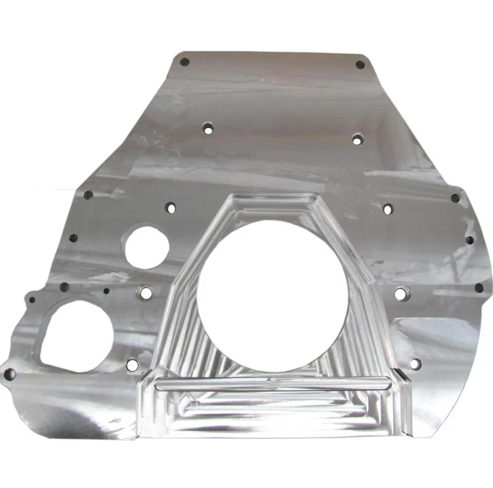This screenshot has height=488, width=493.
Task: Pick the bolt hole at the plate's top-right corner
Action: click(x=360, y=64)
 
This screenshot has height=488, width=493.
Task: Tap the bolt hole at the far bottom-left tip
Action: click(x=9, y=375)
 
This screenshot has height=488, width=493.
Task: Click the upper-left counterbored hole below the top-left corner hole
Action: click(x=208, y=129)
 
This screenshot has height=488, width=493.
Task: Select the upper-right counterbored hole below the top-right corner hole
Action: click(x=357, y=140)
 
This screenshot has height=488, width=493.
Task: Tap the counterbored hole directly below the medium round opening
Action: click(x=145, y=293)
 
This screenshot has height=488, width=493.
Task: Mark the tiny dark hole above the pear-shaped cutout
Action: click(x=106, y=291)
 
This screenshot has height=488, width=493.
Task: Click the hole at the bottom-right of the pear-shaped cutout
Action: click(x=132, y=365)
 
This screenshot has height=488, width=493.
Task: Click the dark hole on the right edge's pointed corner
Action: click(x=455, y=198)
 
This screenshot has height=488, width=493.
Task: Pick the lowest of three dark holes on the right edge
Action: click(x=479, y=287)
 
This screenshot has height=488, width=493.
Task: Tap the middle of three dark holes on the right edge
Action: click(x=470, y=240)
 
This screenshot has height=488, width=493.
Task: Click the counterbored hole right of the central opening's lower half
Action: click(x=400, y=293)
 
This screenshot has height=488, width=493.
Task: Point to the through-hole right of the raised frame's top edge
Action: click(x=386, y=208)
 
